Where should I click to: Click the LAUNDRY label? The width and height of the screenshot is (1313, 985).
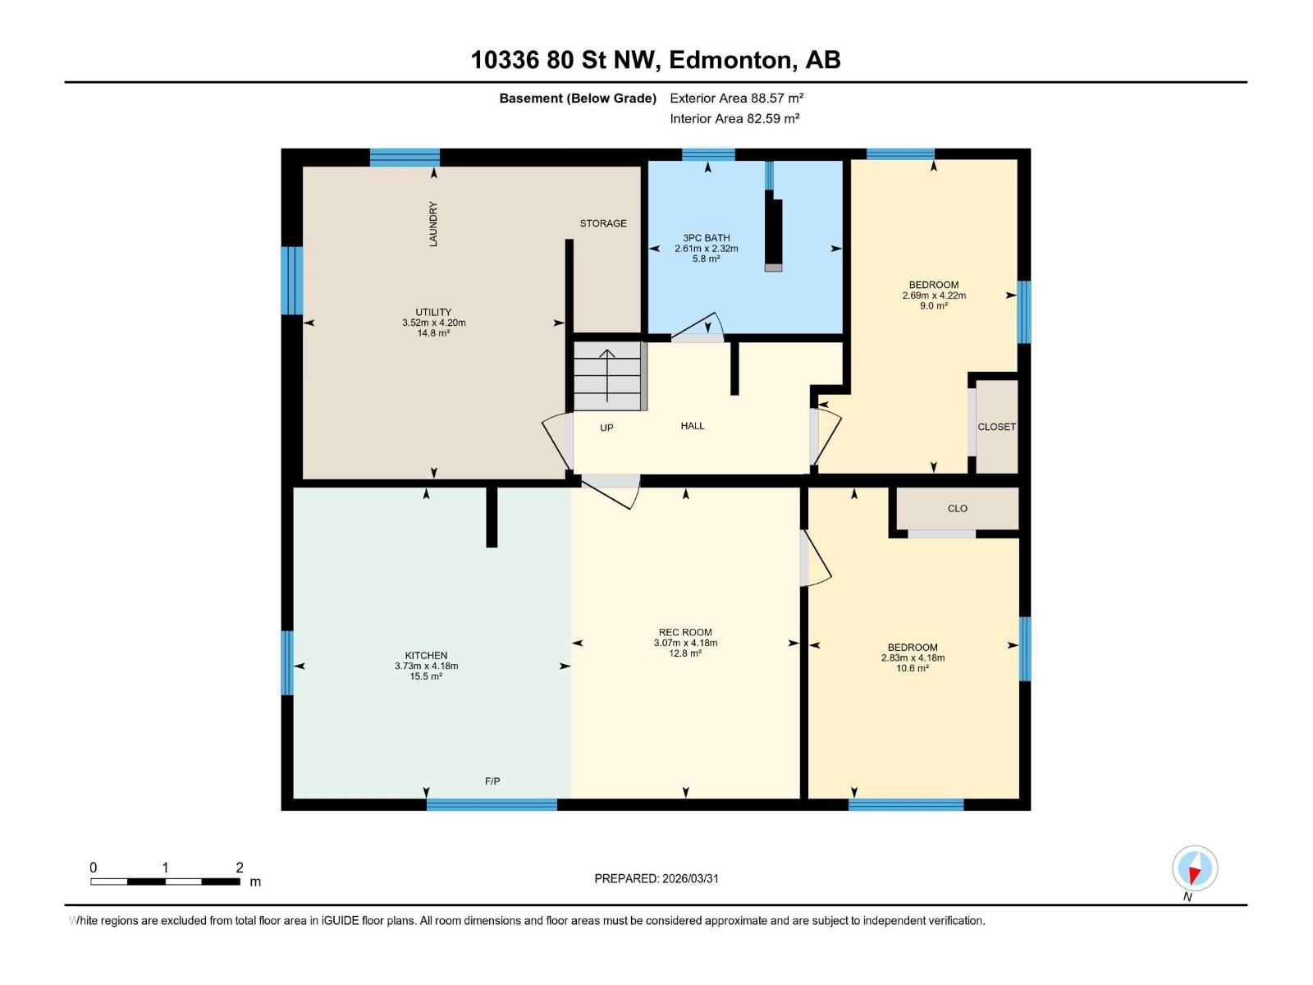[433, 224]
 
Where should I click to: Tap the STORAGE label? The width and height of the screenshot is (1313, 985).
[603, 223]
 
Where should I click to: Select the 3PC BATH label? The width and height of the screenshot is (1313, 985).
[706, 238]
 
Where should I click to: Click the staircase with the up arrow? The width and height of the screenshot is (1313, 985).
[607, 376]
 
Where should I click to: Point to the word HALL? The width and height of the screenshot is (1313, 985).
[693, 426]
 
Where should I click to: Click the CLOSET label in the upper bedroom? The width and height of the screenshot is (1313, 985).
[996, 427]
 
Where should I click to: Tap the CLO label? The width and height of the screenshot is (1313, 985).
[957, 509]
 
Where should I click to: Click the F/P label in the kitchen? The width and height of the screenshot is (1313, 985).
[492, 781]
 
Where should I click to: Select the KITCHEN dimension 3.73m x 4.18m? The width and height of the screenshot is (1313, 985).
[426, 667]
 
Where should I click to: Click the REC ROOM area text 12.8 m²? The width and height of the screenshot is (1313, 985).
[684, 654]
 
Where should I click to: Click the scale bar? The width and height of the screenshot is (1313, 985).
[165, 882]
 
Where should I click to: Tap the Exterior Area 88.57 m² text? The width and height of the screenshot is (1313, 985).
[736, 98]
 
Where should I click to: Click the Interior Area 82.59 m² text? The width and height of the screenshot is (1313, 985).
[734, 118]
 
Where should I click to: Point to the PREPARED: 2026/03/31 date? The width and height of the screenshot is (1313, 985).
[656, 878]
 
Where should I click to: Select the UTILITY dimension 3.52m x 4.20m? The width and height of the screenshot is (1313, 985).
[433, 323]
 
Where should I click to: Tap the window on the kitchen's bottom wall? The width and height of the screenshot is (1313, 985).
[492, 804]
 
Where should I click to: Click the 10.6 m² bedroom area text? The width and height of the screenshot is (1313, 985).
[912, 669]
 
